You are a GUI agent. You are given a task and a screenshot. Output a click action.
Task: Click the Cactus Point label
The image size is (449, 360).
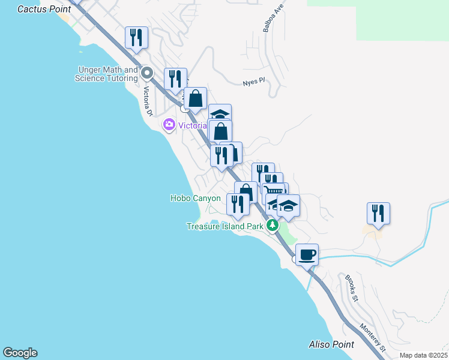(x=44, y=9)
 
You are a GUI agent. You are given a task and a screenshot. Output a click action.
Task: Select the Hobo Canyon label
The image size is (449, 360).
(x=196, y=198)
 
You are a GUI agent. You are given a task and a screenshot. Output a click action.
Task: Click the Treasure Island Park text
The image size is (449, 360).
(x=225, y=226)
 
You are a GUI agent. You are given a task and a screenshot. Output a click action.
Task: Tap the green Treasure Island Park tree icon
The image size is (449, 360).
(x=273, y=226)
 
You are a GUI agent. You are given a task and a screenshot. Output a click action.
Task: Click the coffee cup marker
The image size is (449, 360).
(x=307, y=254)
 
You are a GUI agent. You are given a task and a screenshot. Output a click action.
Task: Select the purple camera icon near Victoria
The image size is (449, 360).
(x=169, y=125)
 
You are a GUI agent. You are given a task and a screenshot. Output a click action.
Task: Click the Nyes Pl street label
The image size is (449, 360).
(x=253, y=82)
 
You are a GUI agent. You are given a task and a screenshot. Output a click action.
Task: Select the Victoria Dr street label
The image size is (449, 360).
(x=148, y=101)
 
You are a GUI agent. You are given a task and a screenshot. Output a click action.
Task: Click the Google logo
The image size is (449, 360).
(x=20, y=353)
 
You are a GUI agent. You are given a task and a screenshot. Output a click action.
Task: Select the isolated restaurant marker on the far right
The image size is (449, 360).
(x=378, y=213)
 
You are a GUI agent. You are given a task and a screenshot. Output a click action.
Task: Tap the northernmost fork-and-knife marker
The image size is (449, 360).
(x=136, y=37)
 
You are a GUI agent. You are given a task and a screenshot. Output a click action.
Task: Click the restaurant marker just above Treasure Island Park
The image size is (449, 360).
(x=238, y=204)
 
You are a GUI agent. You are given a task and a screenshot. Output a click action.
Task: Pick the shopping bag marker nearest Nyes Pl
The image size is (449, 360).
(x=195, y=98)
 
